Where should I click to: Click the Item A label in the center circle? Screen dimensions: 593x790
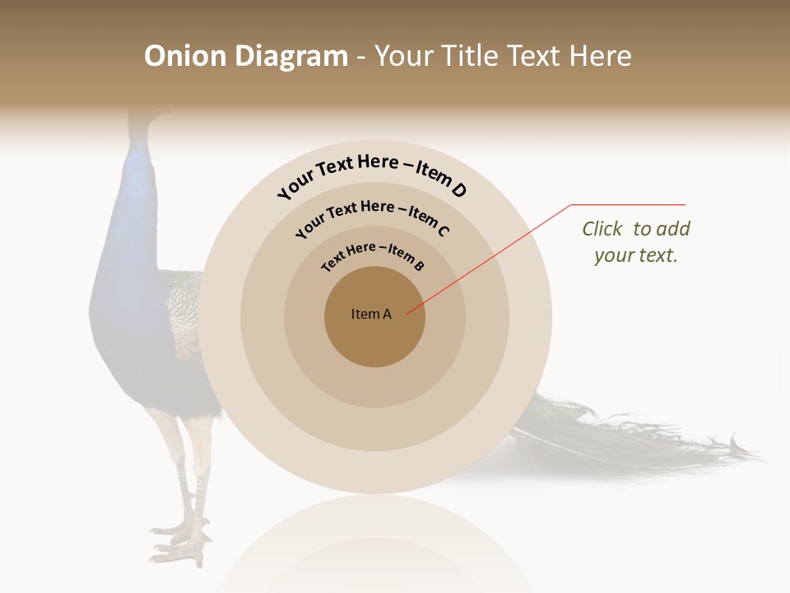371,314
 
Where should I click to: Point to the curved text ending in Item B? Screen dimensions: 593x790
373,254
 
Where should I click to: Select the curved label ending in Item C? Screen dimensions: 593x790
372,216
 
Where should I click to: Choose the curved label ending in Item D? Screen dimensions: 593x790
372,175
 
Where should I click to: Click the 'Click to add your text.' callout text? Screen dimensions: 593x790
635,242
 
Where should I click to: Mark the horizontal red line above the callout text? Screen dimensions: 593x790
629,204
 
